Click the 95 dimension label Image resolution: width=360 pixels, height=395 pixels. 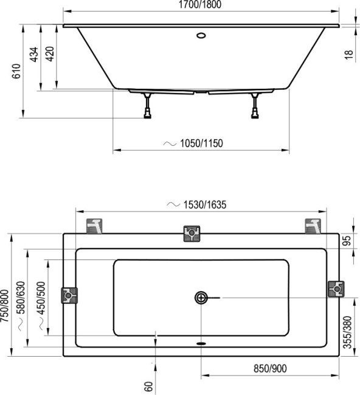[348, 241]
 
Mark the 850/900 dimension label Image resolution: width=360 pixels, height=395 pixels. [268, 369]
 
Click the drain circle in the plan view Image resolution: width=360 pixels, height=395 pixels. [201, 297]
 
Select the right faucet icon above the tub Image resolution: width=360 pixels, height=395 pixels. [313, 225]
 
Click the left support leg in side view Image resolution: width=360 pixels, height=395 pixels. [147, 106]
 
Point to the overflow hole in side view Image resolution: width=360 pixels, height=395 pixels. [201, 35]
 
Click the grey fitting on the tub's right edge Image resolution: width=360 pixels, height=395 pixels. [335, 289]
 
